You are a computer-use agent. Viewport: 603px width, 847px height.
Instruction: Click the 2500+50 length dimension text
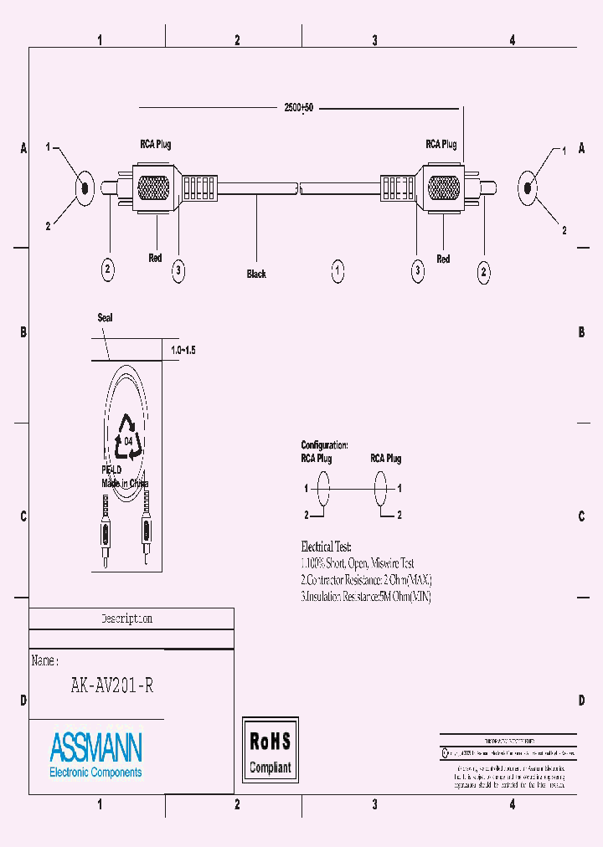(298, 109)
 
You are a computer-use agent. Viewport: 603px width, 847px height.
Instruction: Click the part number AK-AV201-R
(111, 685)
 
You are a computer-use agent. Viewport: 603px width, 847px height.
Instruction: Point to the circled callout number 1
(338, 270)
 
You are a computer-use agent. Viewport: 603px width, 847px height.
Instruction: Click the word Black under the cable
(256, 274)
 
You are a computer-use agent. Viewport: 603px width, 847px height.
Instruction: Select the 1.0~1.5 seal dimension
(182, 350)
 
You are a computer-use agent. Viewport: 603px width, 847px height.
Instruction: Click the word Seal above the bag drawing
(105, 318)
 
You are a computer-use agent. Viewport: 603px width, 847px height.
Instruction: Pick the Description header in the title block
(126, 619)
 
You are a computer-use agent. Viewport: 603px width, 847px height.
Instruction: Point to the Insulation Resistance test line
(366, 597)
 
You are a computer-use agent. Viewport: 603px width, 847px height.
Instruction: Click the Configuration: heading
(324, 445)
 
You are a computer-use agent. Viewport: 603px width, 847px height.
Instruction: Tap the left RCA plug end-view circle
(84, 187)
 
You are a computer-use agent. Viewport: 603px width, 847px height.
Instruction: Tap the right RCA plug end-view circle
(527, 187)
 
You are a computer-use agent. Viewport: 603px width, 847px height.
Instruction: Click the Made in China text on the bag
(125, 484)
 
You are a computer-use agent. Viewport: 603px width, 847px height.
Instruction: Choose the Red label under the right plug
(443, 259)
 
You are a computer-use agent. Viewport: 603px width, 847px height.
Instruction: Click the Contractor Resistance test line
(366, 580)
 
